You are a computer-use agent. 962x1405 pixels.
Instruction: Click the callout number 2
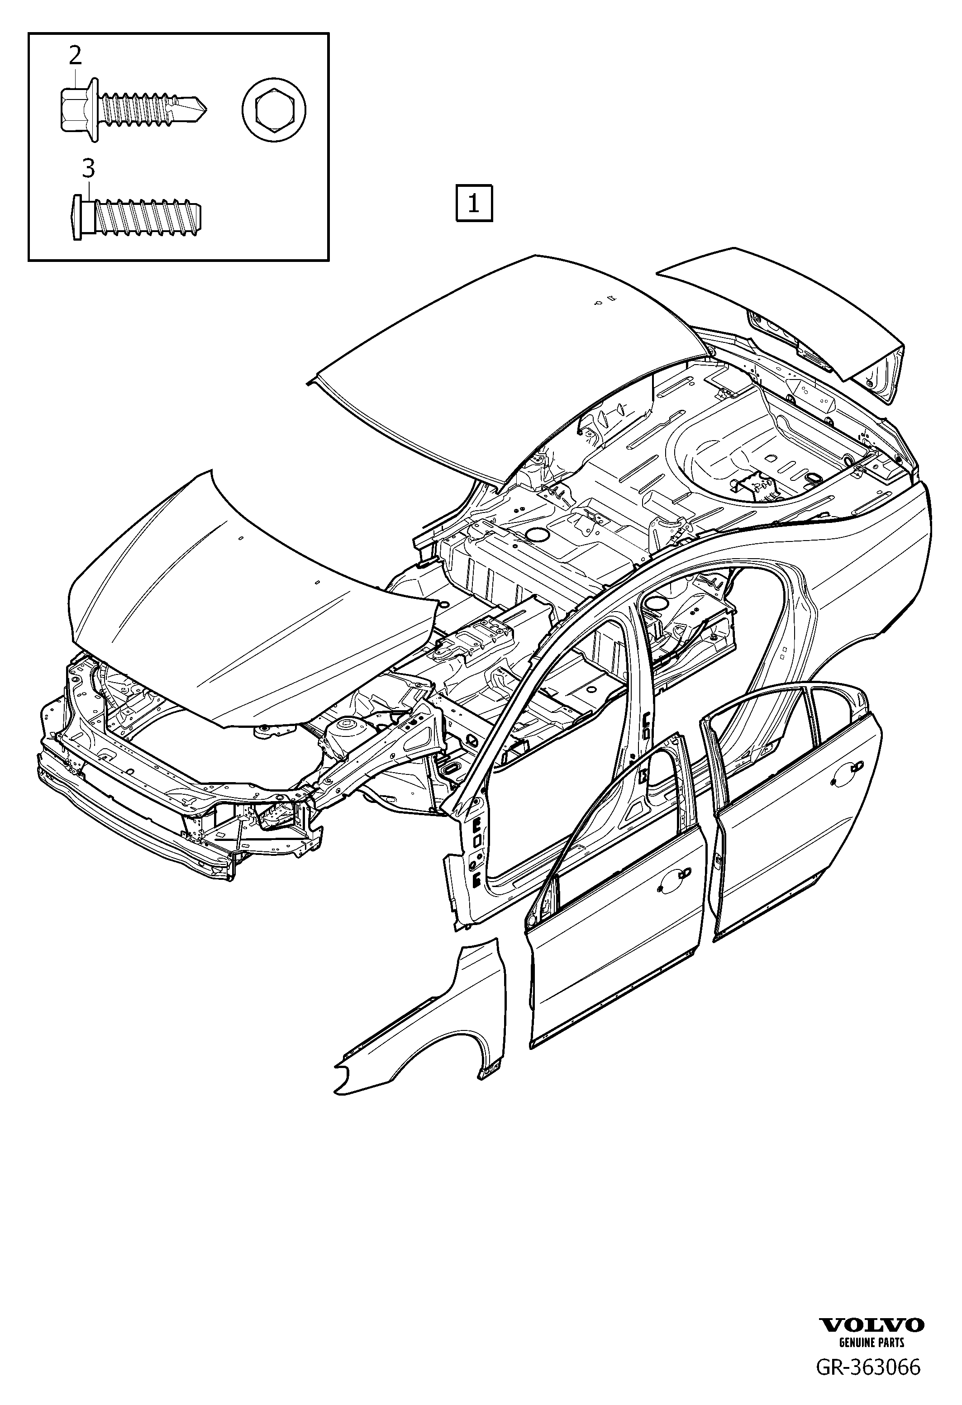(75, 56)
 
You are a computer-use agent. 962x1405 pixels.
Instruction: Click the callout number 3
(89, 169)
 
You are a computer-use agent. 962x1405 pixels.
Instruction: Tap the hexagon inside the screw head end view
(274, 111)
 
